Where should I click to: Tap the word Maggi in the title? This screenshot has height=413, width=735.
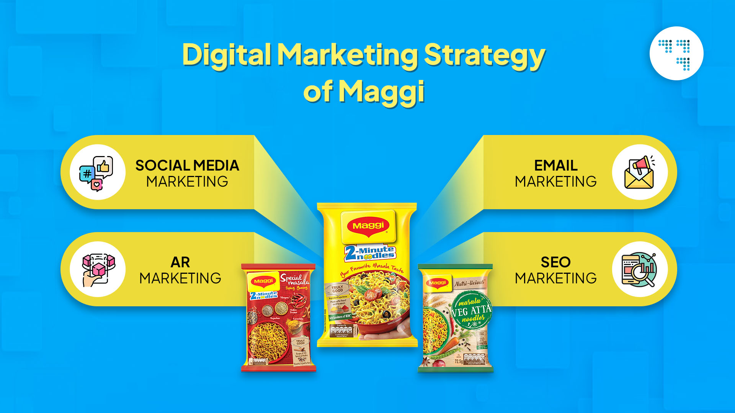point(381,92)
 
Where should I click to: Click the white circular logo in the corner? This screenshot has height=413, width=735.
point(676,53)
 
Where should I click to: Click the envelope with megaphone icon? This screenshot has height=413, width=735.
point(640,172)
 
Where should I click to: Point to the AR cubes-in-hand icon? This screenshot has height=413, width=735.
point(98,269)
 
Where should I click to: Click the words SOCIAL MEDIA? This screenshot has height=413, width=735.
point(187,166)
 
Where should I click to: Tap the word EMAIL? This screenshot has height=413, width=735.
point(556,166)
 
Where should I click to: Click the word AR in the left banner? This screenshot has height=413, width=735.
point(180,262)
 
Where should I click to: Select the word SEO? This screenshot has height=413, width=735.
point(555,262)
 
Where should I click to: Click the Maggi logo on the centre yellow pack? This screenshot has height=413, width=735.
point(368,226)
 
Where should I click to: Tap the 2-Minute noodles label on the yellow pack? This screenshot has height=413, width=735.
point(370,253)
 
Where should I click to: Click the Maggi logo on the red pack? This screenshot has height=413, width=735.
point(263,281)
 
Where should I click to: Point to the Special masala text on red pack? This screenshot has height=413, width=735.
point(294,280)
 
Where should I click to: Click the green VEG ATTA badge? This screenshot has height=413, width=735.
point(470,310)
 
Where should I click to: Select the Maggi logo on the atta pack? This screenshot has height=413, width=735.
point(438,283)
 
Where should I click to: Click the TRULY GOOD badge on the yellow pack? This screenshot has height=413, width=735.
point(337,289)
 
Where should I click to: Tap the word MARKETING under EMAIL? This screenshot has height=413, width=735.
point(555,182)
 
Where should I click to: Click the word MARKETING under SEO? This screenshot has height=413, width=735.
point(555,278)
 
